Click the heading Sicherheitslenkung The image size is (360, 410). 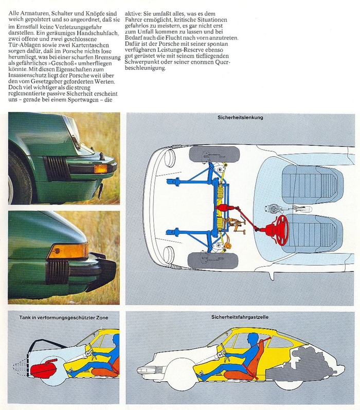[x=240, y=118]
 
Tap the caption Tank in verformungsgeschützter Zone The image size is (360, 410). [x=64, y=317]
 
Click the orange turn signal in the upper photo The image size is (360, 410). [x=101, y=169]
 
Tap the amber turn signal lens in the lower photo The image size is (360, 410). [x=69, y=251]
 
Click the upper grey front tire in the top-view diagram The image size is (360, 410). [x=214, y=154]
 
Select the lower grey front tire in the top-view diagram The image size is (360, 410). [x=213, y=260]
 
